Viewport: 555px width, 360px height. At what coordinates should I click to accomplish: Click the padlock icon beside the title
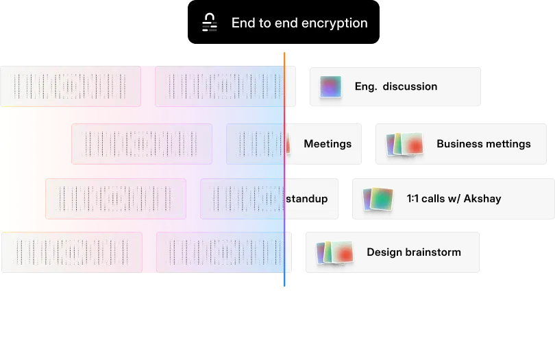(x=210, y=23)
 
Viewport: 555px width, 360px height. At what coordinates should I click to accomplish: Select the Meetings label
(x=328, y=144)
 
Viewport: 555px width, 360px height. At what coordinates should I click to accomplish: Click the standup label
(x=306, y=199)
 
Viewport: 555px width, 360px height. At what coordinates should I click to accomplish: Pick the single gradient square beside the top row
(x=330, y=88)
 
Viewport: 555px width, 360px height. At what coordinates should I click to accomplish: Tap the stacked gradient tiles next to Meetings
(x=405, y=145)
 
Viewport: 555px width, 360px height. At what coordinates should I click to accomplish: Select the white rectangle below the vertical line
(x=287, y=326)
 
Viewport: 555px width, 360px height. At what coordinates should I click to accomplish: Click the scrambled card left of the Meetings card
(x=142, y=144)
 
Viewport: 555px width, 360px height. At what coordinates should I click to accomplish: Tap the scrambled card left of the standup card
(x=116, y=199)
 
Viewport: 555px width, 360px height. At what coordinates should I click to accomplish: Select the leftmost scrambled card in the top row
(x=71, y=86)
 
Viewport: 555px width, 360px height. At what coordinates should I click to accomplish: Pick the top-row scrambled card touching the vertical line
(x=225, y=86)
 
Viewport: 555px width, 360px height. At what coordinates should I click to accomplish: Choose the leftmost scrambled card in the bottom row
(x=72, y=252)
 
